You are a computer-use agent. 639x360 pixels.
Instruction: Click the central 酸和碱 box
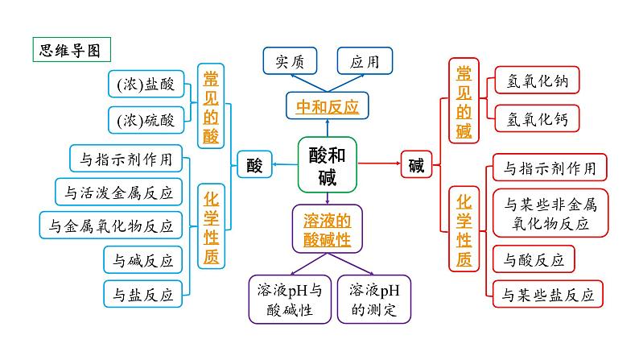click(328, 164)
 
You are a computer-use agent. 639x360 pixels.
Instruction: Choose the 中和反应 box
click(327, 106)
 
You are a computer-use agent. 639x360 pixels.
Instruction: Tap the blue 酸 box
click(254, 165)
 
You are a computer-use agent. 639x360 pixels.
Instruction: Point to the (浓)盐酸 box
click(146, 83)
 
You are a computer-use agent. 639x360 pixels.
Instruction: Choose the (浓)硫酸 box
click(146, 120)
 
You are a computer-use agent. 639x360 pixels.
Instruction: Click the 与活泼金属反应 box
click(118, 192)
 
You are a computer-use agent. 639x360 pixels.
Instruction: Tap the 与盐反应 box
click(143, 294)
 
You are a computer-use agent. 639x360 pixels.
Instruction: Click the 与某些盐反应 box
click(547, 294)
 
